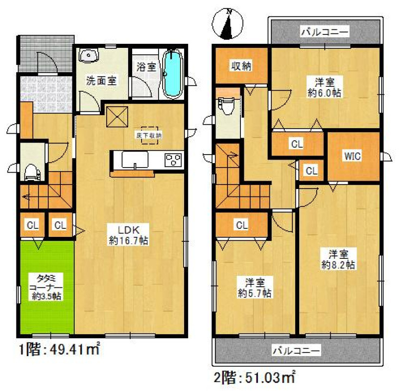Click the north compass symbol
point(227,24)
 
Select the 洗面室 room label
point(101,81)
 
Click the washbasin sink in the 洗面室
point(88,55)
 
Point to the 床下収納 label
point(149,136)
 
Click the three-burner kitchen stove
point(174,160)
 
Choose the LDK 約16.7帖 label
point(129,235)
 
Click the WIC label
point(353,156)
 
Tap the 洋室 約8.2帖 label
point(338,259)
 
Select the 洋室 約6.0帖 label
point(325,88)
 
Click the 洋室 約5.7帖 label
point(254,288)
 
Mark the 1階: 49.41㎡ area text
point(59,350)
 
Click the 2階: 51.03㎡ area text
point(254,377)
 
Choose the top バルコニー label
point(324,32)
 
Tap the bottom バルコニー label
point(296,351)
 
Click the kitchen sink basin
point(135,160)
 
